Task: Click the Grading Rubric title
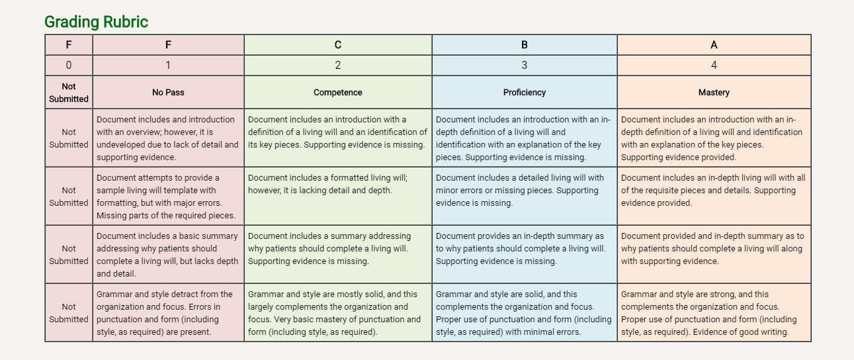[x=96, y=22]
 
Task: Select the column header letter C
[x=337, y=45]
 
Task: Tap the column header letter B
[x=525, y=45]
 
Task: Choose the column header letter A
[x=714, y=45]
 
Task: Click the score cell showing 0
[x=69, y=65]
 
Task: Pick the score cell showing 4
[x=714, y=65]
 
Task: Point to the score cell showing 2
[x=337, y=65]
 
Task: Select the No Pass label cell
[x=168, y=92]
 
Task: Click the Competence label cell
[x=337, y=92]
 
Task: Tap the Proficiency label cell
[x=525, y=92]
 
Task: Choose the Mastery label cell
[x=714, y=92]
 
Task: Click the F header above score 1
[x=168, y=45]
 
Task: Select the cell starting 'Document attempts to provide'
[x=168, y=196]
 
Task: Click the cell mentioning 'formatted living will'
[x=337, y=196]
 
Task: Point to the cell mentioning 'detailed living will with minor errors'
[x=525, y=196]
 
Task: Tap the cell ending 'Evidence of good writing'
[x=714, y=312]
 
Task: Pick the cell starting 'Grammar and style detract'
[x=168, y=312]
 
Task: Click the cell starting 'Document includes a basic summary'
[x=168, y=254]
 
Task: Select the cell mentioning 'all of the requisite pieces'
[x=714, y=196]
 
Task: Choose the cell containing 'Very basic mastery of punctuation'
[x=337, y=312]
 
